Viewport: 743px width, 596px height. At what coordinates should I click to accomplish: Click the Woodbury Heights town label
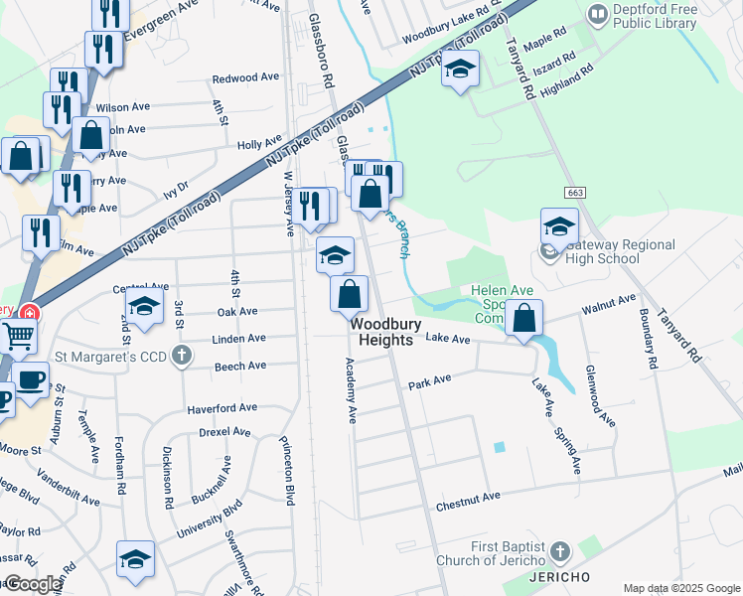pos(384,332)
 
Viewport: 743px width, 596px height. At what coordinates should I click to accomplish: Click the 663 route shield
pos(575,192)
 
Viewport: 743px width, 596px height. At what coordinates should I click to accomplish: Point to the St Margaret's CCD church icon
pos(182,356)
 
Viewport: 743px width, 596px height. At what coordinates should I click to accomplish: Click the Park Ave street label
pos(429,381)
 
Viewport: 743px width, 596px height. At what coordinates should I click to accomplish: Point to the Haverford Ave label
pos(223,407)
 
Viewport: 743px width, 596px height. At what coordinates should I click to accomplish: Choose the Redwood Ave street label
pos(245,77)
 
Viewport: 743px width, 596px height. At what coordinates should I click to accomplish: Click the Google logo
pos(32,584)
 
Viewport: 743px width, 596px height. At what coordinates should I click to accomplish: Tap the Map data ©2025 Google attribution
pos(682,588)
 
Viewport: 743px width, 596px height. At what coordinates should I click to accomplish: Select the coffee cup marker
pos(30,379)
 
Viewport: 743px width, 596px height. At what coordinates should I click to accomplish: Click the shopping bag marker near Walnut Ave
pos(523,319)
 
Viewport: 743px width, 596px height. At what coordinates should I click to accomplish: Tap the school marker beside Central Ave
pos(144,308)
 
